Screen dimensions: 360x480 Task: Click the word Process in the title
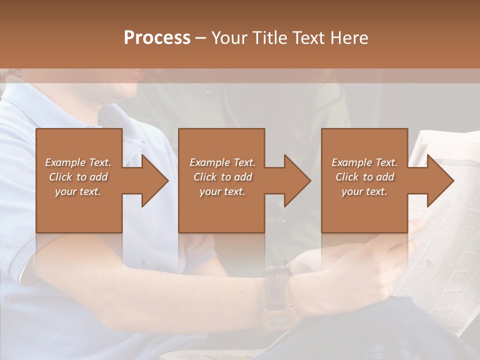click(157, 38)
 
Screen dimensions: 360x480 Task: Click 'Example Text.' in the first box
click(78, 162)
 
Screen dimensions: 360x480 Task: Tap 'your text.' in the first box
click(78, 191)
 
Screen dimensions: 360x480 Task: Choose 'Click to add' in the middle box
click(222, 177)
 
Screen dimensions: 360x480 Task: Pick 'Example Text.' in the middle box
click(222, 162)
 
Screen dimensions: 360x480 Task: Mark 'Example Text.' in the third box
click(364, 162)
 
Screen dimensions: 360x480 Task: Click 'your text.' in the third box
click(364, 191)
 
